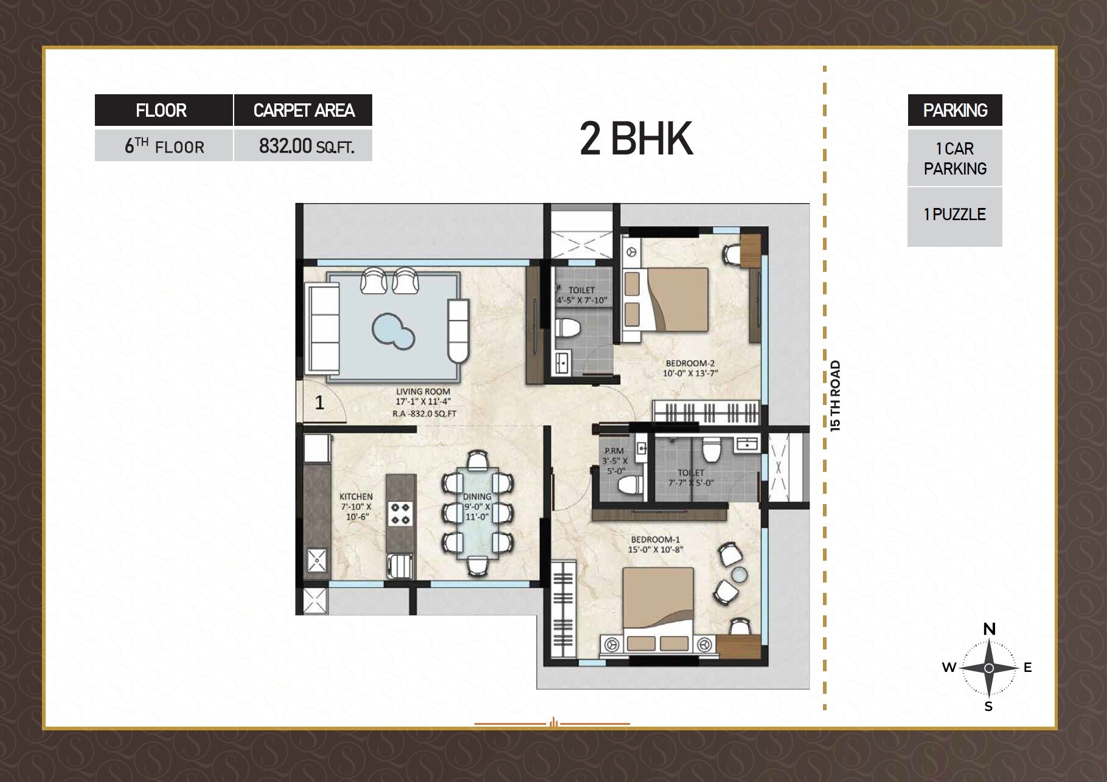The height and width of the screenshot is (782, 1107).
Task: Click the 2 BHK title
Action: pos(636,139)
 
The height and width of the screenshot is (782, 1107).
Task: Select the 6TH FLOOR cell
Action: pos(164,147)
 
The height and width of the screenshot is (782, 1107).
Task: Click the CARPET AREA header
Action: pos(304,111)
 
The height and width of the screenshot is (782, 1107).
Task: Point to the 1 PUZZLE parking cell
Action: pos(954,215)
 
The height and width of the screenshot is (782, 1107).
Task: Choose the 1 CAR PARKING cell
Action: pos(954,159)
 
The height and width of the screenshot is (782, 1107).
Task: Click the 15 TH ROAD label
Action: pos(836,396)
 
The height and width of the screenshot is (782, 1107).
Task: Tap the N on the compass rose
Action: pos(989,629)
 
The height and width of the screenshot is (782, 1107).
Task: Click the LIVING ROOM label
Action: pos(423,392)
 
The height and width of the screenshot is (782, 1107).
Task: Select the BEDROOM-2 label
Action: pos(690,364)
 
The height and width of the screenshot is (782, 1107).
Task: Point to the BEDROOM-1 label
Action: pos(655,539)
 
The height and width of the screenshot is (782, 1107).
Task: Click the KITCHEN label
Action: pos(356,497)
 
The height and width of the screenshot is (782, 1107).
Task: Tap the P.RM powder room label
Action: pos(614,451)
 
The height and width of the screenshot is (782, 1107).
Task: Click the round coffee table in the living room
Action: pos(393,331)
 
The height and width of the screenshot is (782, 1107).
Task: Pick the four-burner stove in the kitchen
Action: pos(400,513)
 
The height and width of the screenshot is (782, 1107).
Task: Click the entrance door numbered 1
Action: pos(321,402)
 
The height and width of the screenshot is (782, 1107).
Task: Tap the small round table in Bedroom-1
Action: pos(740,574)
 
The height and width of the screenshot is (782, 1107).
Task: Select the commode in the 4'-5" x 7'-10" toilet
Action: pos(567,328)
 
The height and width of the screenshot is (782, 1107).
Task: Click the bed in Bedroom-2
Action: pos(673,300)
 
